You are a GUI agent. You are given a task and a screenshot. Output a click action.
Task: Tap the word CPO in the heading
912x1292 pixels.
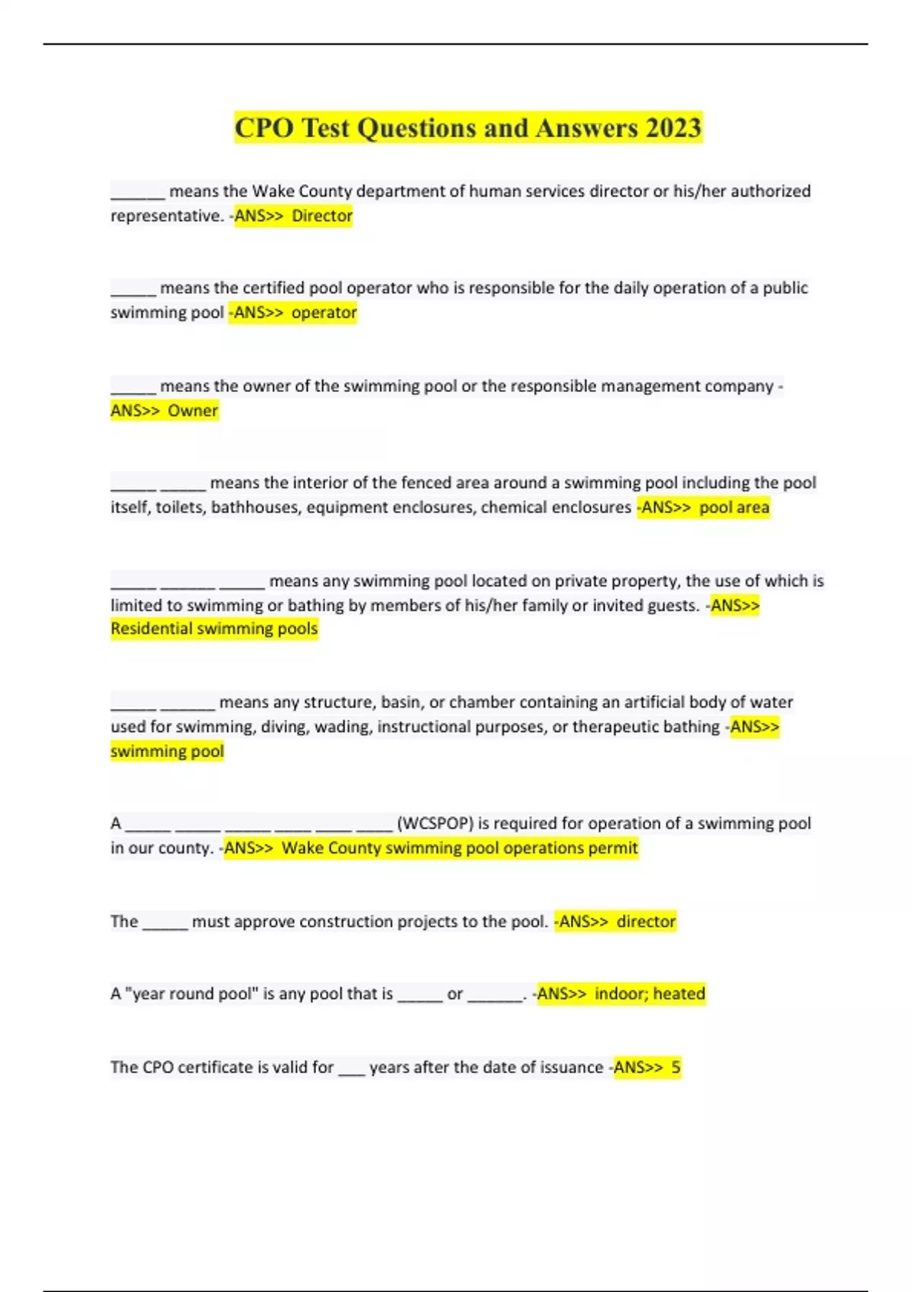coord(264,128)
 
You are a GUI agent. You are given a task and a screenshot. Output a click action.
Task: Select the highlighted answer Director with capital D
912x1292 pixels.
coord(322,216)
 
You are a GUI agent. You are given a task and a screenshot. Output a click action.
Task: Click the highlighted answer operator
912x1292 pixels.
coord(324,312)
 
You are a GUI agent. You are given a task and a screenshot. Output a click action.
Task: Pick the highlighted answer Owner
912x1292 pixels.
coord(193,410)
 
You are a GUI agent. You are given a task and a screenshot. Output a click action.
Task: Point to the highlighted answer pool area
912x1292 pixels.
coord(734,507)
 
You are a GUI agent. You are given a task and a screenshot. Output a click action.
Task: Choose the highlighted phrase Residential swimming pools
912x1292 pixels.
coord(214,629)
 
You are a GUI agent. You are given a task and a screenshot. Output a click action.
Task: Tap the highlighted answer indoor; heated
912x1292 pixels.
coord(650,993)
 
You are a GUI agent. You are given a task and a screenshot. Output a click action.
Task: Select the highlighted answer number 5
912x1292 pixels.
coord(676,1067)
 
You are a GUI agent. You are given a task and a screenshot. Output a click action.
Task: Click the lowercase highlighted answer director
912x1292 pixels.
coord(646,921)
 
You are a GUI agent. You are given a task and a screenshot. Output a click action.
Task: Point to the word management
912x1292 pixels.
coord(649,386)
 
